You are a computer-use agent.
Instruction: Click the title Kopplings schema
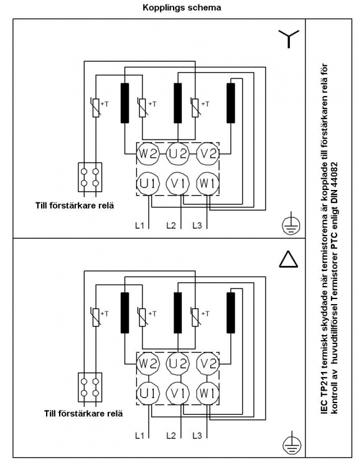click(182, 7)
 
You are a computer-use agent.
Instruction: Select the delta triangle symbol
click(288, 259)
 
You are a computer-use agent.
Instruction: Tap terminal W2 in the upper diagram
click(148, 154)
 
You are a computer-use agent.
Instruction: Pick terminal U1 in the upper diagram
click(148, 183)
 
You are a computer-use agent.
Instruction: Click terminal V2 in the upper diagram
click(208, 154)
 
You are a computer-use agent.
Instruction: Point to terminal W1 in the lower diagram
click(208, 393)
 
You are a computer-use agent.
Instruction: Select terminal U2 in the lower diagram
click(177, 363)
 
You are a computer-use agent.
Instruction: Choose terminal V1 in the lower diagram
click(177, 393)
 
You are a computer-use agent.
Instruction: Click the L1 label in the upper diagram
click(139, 226)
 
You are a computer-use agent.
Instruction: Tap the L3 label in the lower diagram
click(197, 435)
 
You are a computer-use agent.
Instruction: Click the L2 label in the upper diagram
click(171, 226)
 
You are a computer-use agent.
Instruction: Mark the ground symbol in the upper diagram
click(291, 224)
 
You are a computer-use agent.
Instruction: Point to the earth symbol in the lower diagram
click(292, 444)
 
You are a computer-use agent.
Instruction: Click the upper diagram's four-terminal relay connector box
click(90, 177)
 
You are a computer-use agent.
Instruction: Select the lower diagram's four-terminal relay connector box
click(90, 388)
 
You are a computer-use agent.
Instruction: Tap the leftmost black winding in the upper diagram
click(124, 103)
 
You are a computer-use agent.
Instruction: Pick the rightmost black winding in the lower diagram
click(231, 313)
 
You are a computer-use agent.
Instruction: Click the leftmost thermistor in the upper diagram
click(96, 108)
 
